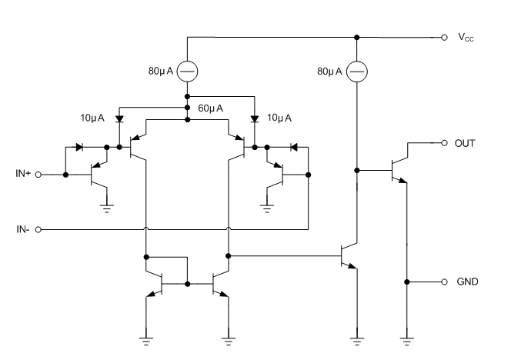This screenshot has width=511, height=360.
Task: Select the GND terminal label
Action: click(467, 282)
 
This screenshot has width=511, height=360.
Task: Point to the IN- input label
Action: click(23, 229)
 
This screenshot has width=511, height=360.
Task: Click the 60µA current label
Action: click(211, 109)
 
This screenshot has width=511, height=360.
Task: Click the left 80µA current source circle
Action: click(188, 72)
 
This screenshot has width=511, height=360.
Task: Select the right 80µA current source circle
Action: click(356, 72)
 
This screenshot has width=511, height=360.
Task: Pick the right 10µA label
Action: click(278, 119)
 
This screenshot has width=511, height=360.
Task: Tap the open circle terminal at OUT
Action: click(444, 142)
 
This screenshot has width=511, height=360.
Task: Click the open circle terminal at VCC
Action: click(444, 37)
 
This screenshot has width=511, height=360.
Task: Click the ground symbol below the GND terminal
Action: click(406, 335)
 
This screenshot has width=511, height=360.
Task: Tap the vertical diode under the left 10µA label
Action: click(119, 120)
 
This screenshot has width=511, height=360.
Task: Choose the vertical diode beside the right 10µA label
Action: click(255, 120)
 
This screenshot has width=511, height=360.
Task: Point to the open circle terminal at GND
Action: click(444, 282)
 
